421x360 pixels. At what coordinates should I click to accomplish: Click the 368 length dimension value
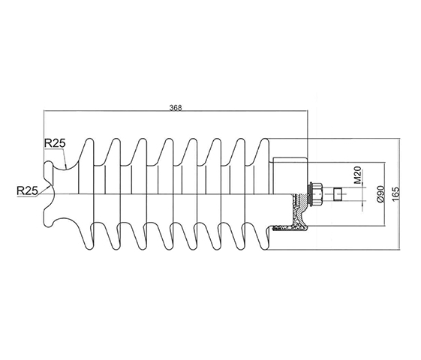click(x=176, y=107)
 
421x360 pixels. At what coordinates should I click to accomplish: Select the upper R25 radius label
click(x=55, y=143)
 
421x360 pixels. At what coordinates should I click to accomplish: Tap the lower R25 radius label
click(x=27, y=190)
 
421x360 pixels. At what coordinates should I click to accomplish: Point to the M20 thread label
click(x=358, y=175)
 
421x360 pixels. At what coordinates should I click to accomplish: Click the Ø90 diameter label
click(x=380, y=193)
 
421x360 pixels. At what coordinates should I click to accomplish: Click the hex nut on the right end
click(x=317, y=194)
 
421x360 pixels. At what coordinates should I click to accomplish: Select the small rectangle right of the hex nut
click(x=338, y=194)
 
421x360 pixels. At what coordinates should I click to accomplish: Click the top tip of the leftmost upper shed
click(x=89, y=139)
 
